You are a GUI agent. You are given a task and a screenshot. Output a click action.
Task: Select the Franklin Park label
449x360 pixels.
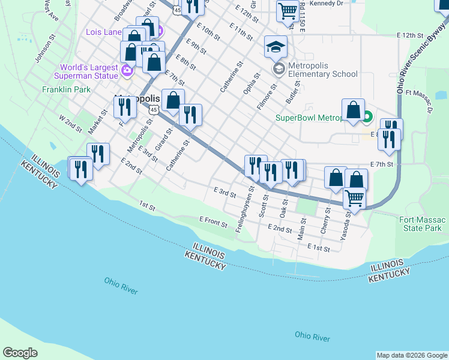click(x=66, y=89)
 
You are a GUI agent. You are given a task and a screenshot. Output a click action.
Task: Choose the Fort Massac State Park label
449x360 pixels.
click(x=421, y=224)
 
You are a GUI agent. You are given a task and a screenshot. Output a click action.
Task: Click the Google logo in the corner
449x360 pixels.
click(x=20, y=353)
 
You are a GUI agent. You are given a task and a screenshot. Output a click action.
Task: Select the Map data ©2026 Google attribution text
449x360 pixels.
click(x=411, y=355)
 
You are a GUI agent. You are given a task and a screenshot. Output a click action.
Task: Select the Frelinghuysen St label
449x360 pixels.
click(x=246, y=207)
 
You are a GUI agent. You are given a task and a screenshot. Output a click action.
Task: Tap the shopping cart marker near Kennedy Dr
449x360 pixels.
click(x=288, y=10)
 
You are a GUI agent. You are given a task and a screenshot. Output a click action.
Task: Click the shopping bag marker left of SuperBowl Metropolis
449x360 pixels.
click(x=353, y=110)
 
